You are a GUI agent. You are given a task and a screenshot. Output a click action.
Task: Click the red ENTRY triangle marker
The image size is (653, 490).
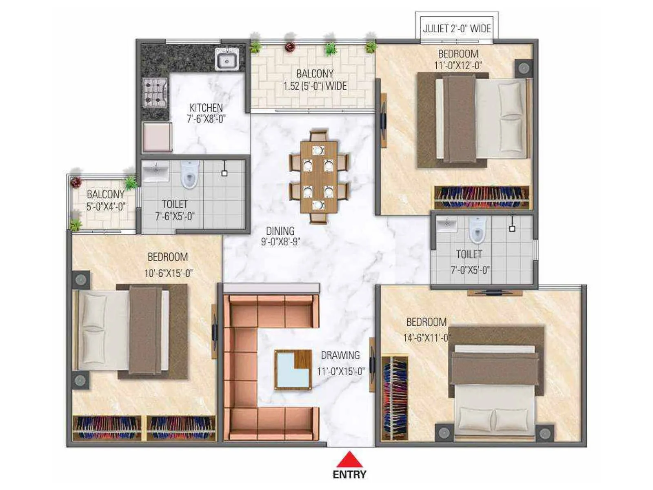(349, 460)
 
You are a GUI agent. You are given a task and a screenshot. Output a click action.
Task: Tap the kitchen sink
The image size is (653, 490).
(227, 60)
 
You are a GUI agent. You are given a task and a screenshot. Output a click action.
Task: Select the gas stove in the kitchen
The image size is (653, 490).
(155, 92)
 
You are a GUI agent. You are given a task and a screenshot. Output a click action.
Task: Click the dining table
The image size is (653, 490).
(319, 177)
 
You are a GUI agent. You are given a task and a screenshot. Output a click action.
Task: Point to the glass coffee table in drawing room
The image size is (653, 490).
(293, 370)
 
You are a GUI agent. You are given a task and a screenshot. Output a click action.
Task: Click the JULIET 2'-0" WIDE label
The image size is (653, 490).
(457, 29)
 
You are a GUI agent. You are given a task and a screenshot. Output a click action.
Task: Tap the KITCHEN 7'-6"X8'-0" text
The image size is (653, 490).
(206, 113)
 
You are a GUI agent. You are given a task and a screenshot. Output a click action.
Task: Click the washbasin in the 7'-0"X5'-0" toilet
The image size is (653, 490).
(446, 224)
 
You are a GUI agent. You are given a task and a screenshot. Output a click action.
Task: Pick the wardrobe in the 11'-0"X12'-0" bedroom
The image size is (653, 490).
(482, 197)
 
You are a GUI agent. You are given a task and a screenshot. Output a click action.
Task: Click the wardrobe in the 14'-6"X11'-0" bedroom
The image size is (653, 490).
(394, 398)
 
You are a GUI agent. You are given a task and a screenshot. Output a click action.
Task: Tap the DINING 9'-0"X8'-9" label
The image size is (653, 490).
(280, 236)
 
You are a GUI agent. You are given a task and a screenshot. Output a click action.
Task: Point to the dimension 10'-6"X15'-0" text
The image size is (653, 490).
(168, 273)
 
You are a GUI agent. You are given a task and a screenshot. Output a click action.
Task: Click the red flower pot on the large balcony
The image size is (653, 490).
(290, 47)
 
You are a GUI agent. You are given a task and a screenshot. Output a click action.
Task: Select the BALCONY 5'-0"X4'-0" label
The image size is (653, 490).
(105, 200)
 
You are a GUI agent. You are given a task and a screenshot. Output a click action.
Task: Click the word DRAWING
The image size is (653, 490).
(340, 355)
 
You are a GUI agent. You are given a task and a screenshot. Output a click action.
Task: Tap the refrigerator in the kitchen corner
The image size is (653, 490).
(157, 137)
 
